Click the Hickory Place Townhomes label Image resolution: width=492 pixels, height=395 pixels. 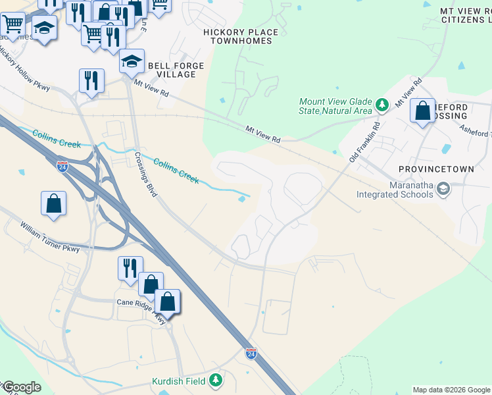click(x=241, y=36)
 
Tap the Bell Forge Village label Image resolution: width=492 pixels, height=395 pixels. click(x=176, y=70)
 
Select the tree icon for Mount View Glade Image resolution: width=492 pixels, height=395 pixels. click(x=381, y=105)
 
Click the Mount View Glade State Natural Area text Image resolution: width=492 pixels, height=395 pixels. click(x=335, y=106)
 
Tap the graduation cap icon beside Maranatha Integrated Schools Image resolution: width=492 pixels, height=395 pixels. click(x=444, y=190)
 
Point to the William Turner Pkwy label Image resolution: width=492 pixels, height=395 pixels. click(x=49, y=238)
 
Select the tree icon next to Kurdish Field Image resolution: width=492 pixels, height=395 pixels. click(x=215, y=381)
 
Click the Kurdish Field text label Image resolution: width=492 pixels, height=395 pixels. click(x=179, y=381)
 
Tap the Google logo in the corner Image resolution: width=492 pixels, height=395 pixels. click(x=21, y=387)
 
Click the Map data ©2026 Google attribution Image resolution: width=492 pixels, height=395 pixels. click(x=451, y=390)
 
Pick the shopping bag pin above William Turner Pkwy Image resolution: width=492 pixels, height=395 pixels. click(x=53, y=203)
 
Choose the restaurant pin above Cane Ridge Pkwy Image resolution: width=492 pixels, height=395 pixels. click(x=130, y=267)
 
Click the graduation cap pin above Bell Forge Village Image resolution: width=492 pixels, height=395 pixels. click(x=132, y=62)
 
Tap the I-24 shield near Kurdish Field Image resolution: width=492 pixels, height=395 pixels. click(x=251, y=353)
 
